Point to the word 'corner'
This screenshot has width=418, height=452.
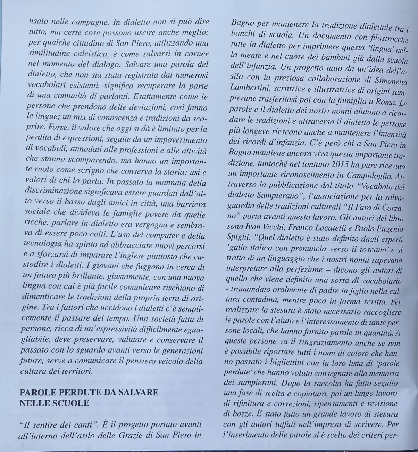click(x=195, y=54)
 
